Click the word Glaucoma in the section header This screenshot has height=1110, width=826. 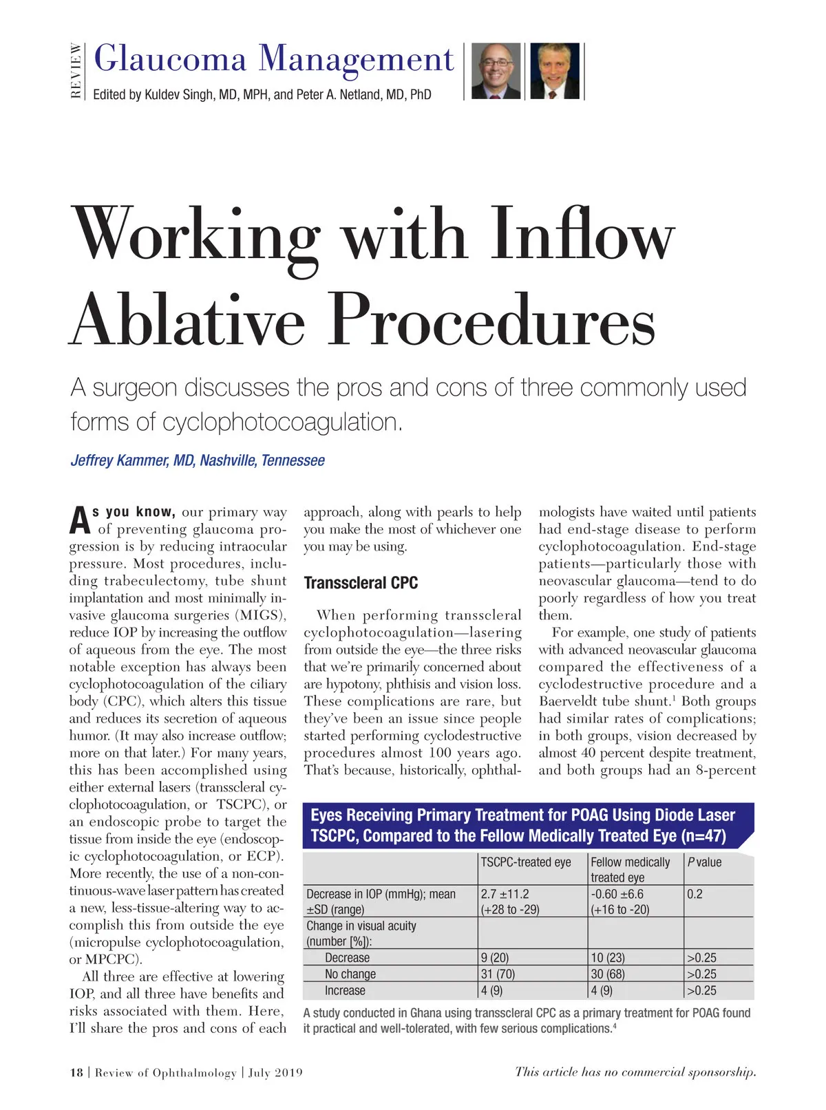click(170, 59)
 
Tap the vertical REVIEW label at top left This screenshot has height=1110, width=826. click(76, 71)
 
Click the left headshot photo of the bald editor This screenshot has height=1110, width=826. click(496, 72)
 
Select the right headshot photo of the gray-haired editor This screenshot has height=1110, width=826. click(554, 72)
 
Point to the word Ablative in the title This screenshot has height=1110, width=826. click(187, 321)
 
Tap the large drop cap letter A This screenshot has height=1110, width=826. click(80, 521)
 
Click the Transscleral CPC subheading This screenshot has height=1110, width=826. click(361, 583)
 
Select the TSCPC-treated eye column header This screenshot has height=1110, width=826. click(526, 862)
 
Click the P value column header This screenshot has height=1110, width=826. click(704, 862)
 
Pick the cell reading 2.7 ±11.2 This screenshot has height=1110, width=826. click(505, 894)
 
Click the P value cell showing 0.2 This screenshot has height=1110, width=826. click(695, 894)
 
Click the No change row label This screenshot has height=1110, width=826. click(350, 974)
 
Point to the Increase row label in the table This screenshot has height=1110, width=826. click(345, 990)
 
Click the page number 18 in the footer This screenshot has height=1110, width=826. click(76, 1072)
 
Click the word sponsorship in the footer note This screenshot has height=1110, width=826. click(722, 1071)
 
